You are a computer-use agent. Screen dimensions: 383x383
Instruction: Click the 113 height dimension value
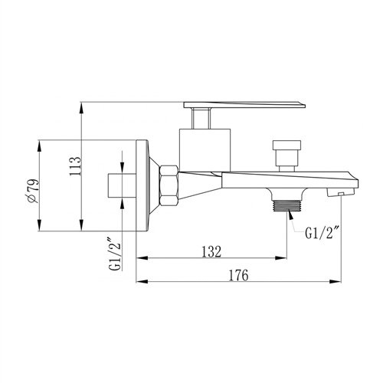pyautogui.click(x=75, y=166)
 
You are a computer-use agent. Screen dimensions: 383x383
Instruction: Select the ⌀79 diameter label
pyautogui.click(x=33, y=191)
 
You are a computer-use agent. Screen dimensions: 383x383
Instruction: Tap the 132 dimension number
pyautogui.click(x=211, y=251)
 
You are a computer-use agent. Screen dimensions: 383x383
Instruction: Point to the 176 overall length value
pyautogui.click(x=238, y=275)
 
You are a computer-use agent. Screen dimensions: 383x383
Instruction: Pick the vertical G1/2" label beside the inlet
pyautogui.click(x=114, y=254)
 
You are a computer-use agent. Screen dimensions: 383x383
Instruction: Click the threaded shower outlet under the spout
pyautogui.click(x=287, y=206)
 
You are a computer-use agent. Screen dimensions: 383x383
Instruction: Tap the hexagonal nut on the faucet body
pyautogui.click(x=169, y=185)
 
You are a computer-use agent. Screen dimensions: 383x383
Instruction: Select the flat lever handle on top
pyautogui.click(x=244, y=105)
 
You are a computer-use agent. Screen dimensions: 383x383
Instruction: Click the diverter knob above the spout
pyautogui.click(x=286, y=155)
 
